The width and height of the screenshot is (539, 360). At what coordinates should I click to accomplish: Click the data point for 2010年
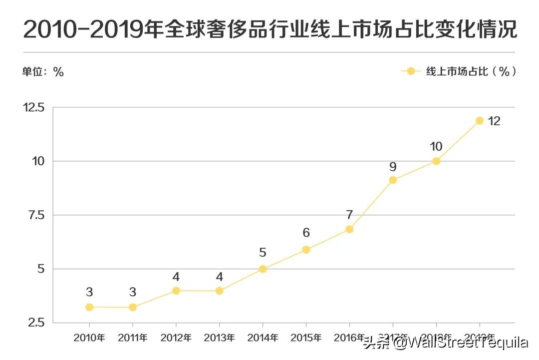(89, 307)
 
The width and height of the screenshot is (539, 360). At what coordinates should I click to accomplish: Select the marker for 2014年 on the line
(263, 269)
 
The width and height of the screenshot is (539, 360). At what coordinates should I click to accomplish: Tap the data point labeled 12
(480, 120)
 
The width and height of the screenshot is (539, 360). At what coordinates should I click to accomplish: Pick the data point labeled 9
(393, 180)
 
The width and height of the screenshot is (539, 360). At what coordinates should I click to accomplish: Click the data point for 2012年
(176, 291)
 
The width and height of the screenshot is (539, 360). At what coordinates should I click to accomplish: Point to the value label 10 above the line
(436, 146)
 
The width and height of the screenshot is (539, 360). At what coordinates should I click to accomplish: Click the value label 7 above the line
(349, 215)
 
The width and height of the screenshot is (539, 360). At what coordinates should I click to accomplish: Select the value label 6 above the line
(306, 233)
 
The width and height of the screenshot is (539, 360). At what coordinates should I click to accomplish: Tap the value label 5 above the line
(263, 253)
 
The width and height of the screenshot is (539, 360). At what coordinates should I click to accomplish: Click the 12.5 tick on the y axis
(34, 107)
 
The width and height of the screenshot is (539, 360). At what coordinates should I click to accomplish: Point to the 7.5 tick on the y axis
(36, 215)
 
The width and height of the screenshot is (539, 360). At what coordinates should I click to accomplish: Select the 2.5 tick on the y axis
(36, 323)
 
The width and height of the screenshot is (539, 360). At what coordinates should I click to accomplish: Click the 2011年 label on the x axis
(133, 338)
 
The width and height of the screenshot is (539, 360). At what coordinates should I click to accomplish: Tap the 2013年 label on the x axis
(219, 338)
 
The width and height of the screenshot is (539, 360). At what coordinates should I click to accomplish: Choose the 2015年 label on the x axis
(306, 338)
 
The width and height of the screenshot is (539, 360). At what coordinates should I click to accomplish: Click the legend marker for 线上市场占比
(411, 71)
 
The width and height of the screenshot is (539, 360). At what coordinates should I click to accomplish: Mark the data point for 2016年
(349, 229)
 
